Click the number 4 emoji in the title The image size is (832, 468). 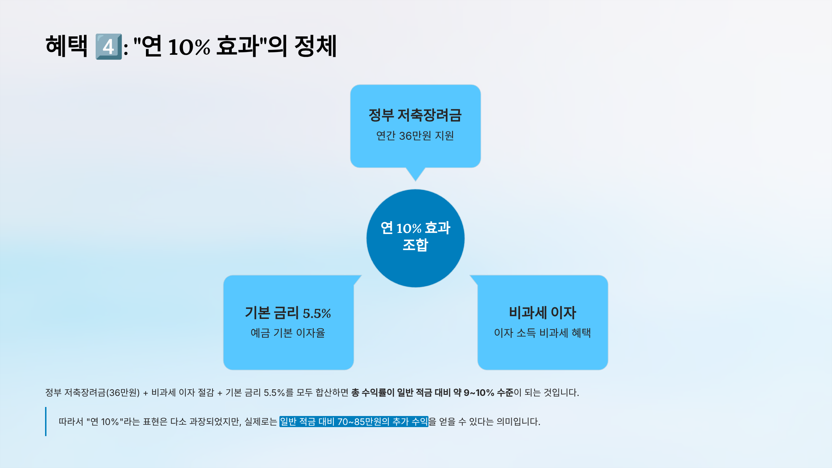point(109,46)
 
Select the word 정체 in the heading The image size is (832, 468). point(315,46)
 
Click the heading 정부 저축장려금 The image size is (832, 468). point(415,115)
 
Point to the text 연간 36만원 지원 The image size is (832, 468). point(415,136)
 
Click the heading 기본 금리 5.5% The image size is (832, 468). point(288,313)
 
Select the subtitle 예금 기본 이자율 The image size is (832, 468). point(288,333)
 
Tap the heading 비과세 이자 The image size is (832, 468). point(543,313)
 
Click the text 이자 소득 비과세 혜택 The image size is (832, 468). point(543,333)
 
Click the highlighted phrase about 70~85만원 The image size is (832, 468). point(354,422)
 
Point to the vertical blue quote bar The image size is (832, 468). point(46,421)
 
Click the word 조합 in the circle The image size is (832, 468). point(415,245)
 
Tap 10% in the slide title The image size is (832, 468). point(189,47)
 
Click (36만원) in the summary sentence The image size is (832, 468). point(123,392)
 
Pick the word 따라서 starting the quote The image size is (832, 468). point(71,422)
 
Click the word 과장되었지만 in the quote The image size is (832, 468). point(215,422)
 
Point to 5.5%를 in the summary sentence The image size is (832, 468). point(278,392)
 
